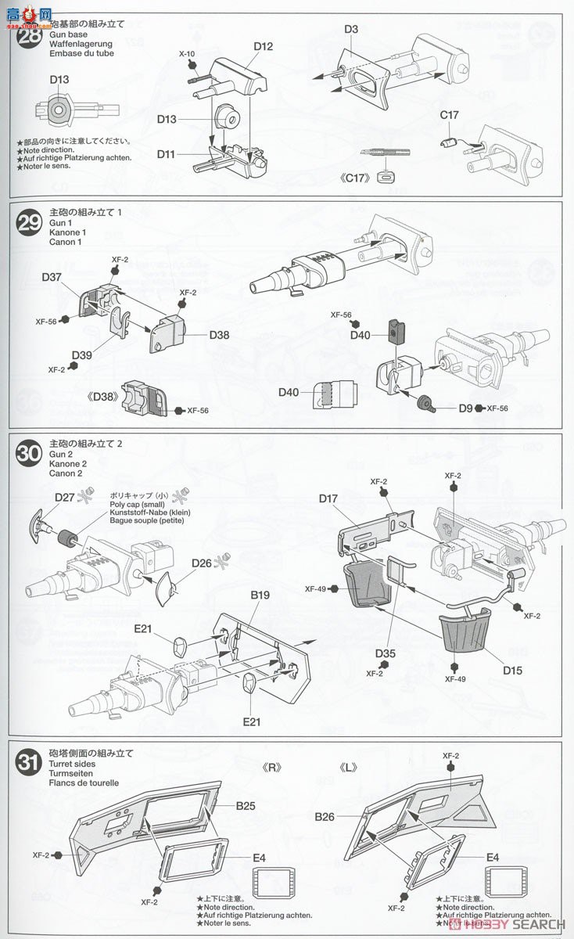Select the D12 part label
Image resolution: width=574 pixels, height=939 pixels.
(263, 47)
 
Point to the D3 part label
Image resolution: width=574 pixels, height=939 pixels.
(351, 30)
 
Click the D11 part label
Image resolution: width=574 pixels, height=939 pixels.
(166, 154)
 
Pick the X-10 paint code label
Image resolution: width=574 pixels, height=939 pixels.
(186, 54)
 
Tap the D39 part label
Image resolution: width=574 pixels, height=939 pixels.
(81, 356)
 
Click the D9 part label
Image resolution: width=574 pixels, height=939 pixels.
(465, 408)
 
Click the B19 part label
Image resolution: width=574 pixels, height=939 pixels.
(260, 595)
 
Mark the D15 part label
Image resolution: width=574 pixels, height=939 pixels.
(513, 671)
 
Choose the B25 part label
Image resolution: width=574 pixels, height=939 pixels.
(247, 805)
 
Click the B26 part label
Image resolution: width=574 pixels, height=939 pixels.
(325, 817)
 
